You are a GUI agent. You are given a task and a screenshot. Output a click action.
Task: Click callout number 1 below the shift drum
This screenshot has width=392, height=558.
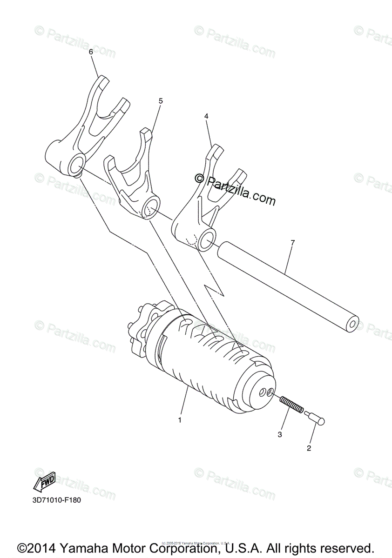click(x=180, y=419)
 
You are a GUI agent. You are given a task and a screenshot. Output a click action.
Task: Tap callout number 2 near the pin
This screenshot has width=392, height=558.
click(x=308, y=448)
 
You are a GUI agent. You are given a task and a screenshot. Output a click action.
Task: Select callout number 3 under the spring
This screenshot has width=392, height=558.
click(x=280, y=434)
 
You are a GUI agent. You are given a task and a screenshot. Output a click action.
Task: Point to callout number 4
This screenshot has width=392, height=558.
click(x=207, y=116)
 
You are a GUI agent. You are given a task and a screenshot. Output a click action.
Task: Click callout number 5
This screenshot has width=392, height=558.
click(x=161, y=100)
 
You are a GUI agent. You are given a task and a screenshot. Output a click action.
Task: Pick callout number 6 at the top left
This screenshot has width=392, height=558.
click(x=91, y=52)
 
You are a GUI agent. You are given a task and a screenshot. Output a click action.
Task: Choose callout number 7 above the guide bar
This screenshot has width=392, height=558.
click(x=292, y=243)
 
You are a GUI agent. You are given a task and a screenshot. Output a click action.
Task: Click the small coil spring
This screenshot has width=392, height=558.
click(x=291, y=403)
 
